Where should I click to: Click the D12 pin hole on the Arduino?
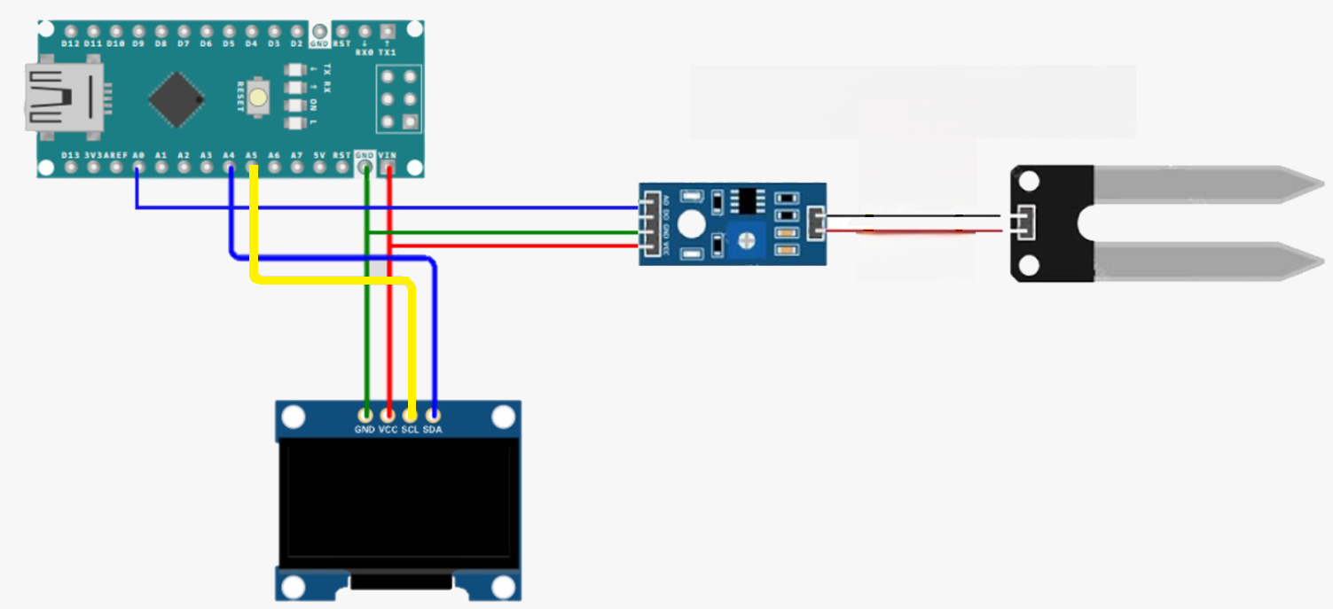[71, 30]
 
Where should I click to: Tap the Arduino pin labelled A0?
[137, 167]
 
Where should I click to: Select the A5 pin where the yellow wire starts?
[252, 167]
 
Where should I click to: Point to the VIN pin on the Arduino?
[388, 167]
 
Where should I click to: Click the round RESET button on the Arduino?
[258, 97]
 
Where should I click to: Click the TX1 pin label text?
[388, 52]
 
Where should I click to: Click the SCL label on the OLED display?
[410, 430]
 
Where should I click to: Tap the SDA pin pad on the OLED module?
[433, 414]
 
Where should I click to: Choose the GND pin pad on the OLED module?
[365, 414]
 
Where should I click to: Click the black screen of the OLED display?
[399, 505]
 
